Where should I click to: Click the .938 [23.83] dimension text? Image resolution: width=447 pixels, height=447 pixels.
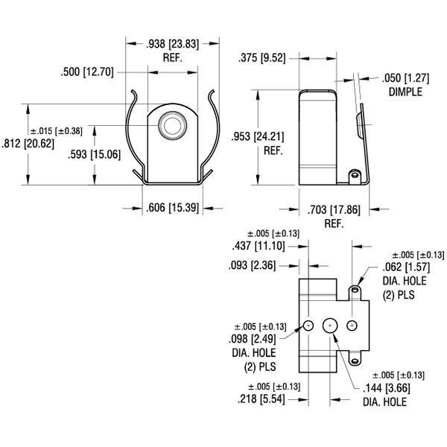point(172,43)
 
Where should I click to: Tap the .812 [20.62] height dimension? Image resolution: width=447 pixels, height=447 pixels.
point(25,144)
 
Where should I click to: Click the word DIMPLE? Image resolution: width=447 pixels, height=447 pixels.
point(405,92)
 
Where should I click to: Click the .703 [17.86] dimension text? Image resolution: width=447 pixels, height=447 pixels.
point(333,209)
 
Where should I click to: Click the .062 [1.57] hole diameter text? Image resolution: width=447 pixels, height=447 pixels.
point(408,267)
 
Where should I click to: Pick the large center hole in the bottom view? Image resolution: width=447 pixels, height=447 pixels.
point(330,326)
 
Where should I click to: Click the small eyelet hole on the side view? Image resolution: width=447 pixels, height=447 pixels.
point(355,175)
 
